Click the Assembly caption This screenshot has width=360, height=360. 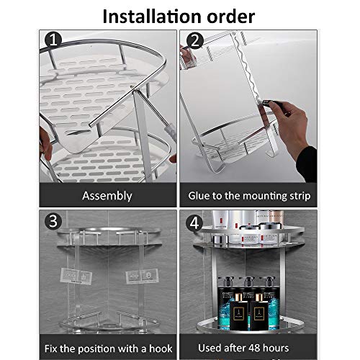click(107, 196)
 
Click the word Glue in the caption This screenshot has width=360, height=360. click(202, 196)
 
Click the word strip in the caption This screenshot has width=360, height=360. click(295, 196)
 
